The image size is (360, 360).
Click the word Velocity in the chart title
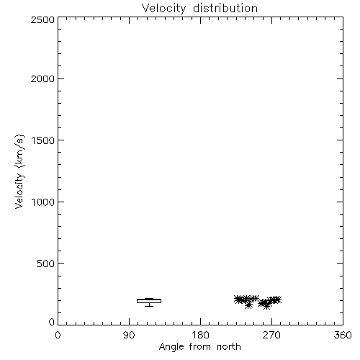click(164, 9)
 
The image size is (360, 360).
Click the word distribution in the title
click(225, 8)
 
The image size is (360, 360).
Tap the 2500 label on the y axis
click(42, 19)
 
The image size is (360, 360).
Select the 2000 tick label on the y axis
click(42, 78)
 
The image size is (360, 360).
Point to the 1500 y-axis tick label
click(43, 140)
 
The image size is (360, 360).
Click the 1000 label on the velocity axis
click(43, 202)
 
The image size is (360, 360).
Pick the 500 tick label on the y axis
click(46, 264)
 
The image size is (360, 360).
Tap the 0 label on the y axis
click(52, 322)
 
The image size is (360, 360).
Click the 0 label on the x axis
click(58, 335)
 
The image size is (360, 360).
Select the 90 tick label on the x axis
click(129, 335)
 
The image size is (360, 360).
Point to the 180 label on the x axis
click(200, 335)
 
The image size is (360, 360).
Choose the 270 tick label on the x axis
click(271, 335)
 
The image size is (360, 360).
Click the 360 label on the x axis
click(343, 335)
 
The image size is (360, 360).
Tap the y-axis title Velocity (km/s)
click(19, 171)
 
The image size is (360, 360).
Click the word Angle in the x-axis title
click(171, 347)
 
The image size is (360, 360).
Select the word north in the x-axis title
click(229, 347)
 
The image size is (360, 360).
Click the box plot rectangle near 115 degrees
click(149, 299)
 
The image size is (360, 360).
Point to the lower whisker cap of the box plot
click(149, 306)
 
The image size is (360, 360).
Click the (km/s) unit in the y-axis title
click(19, 151)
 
